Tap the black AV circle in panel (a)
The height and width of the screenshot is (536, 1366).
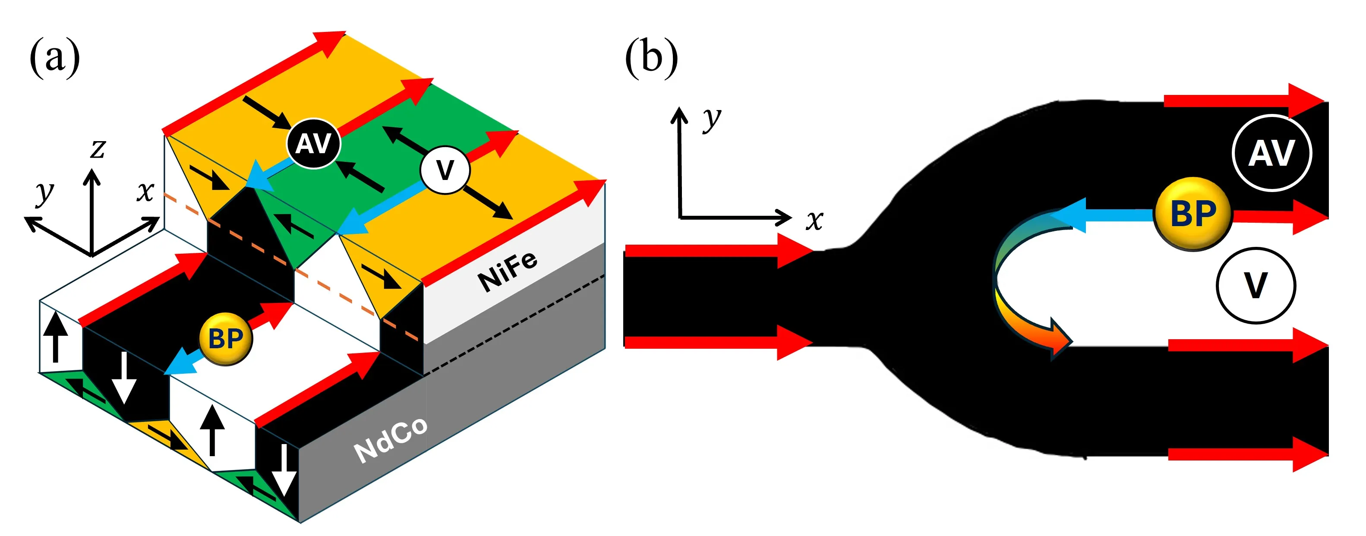tap(313, 144)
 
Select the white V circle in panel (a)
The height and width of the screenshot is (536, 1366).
tap(445, 170)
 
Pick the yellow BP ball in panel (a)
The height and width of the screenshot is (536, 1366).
tap(226, 339)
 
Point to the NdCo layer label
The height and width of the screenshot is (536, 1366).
tap(391, 439)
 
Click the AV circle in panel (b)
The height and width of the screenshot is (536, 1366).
tap(1271, 153)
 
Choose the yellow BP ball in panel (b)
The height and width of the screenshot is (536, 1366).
tap(1193, 214)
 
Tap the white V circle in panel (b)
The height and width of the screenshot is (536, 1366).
tap(1255, 285)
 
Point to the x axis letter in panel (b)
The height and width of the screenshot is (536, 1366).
tap(814, 220)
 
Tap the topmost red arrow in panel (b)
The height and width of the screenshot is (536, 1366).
tap(1241, 100)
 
